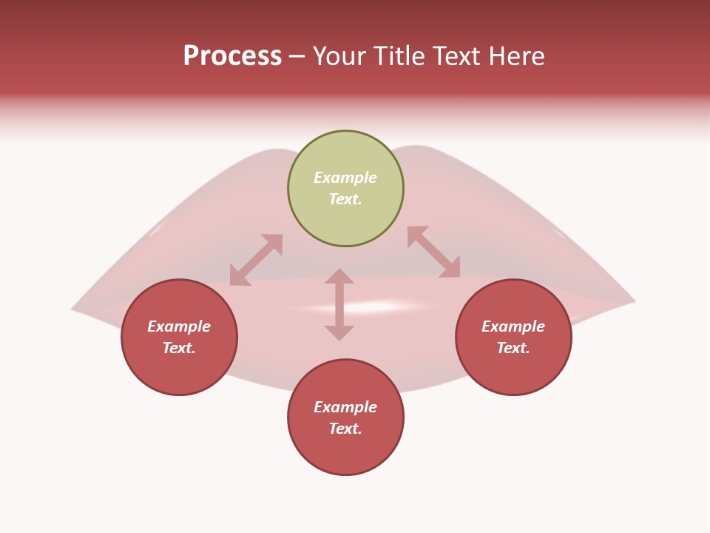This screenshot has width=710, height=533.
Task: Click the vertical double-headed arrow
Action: (x=339, y=304)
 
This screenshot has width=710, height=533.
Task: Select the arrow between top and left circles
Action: (x=256, y=260)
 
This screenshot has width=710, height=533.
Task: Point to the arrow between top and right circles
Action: (x=433, y=252)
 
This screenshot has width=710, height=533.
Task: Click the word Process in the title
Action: (x=232, y=56)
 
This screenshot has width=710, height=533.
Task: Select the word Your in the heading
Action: (x=339, y=56)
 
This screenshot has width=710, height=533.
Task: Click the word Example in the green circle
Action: (x=345, y=178)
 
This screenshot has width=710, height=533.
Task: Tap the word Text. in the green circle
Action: (x=345, y=199)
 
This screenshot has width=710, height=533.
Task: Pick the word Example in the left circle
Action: (x=179, y=326)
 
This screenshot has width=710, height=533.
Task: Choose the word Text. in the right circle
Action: (x=513, y=348)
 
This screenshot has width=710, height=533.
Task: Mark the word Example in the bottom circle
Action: (x=345, y=407)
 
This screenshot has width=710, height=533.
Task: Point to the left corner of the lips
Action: (x=74, y=308)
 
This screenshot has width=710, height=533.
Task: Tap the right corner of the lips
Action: (x=632, y=301)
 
